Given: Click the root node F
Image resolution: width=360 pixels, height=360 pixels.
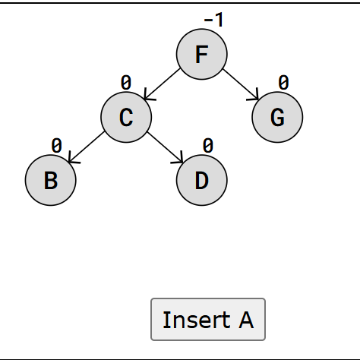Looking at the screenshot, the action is [202, 54].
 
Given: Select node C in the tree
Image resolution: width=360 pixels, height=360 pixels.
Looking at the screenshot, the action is [126, 117].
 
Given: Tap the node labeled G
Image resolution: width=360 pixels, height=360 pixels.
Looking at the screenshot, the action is [277, 117].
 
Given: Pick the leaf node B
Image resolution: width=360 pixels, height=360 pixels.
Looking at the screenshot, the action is [51, 180].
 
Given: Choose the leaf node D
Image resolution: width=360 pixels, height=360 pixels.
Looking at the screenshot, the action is [202, 180].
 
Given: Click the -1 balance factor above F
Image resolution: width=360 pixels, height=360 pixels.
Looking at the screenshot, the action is [213, 20].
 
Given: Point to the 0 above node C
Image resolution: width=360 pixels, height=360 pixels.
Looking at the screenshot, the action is [126, 83].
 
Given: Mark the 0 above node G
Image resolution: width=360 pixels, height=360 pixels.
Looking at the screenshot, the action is [283, 83].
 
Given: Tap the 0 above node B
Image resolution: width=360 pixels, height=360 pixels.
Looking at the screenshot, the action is [56, 146].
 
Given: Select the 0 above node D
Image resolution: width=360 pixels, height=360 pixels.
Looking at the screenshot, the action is [208, 146].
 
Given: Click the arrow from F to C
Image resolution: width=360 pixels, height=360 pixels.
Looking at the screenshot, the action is [162, 84].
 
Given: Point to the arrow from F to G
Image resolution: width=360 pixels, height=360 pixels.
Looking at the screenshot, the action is [241, 84].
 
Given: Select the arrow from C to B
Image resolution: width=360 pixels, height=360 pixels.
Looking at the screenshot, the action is [87, 147].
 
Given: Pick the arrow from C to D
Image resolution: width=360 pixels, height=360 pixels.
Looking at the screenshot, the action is [166, 147].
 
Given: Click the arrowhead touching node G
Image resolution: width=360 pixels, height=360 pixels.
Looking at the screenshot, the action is [254, 96].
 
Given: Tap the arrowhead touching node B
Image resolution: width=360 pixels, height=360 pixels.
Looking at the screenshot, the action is [73, 159].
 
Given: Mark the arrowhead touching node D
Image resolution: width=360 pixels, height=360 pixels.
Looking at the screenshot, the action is [178, 159].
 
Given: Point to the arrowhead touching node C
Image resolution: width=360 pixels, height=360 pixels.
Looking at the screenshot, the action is [149, 96].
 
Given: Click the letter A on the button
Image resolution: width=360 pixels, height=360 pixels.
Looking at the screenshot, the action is [246, 320].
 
